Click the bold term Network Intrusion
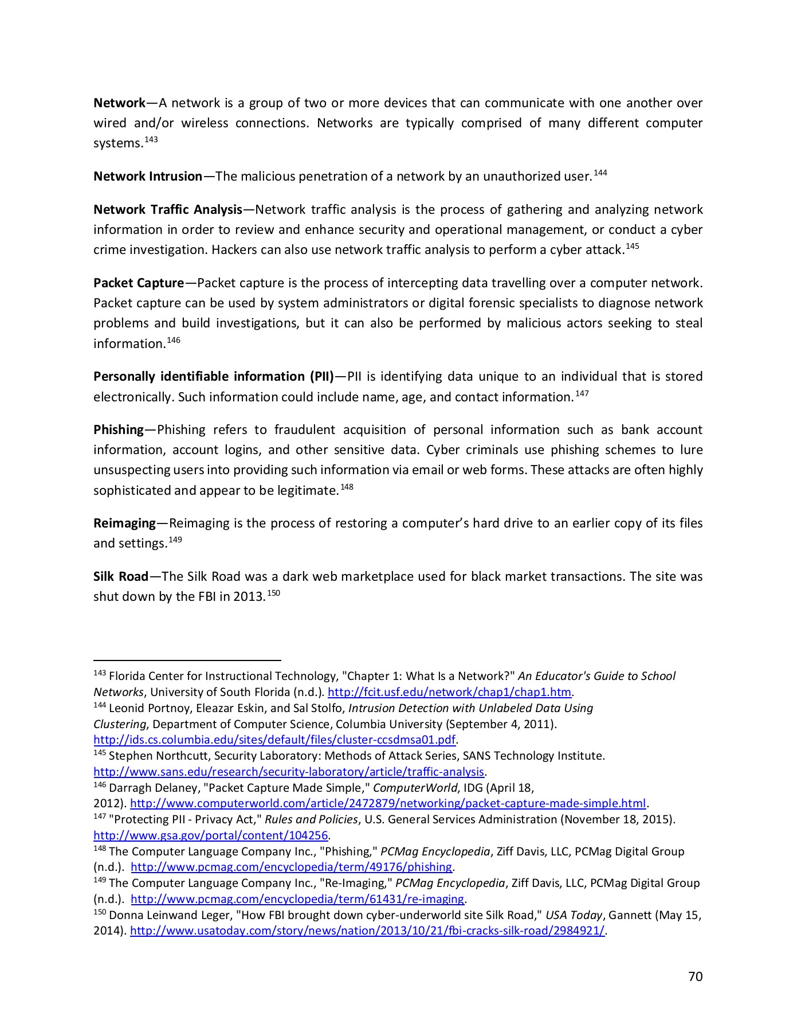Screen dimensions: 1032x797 click(148, 177)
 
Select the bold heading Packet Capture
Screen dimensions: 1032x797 click(139, 283)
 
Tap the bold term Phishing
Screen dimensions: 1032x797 click(119, 430)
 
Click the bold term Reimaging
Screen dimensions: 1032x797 click(124, 523)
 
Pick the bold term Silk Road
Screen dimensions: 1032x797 click(121, 577)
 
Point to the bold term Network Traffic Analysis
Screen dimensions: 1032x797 click(168, 210)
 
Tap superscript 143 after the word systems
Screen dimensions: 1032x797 click(151, 140)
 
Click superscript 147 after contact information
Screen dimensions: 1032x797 click(582, 394)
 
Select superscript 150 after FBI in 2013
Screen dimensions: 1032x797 click(273, 593)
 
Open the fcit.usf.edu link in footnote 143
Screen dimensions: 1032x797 click(449, 692)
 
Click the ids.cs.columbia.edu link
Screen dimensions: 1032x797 click(274, 740)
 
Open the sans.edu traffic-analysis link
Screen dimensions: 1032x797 click(289, 772)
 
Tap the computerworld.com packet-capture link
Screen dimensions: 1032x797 click(388, 803)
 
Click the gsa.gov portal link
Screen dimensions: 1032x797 click(210, 835)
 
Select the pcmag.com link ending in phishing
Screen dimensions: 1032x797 click(292, 867)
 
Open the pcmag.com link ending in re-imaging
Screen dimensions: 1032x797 click(297, 899)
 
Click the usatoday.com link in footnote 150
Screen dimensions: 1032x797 click(367, 931)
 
